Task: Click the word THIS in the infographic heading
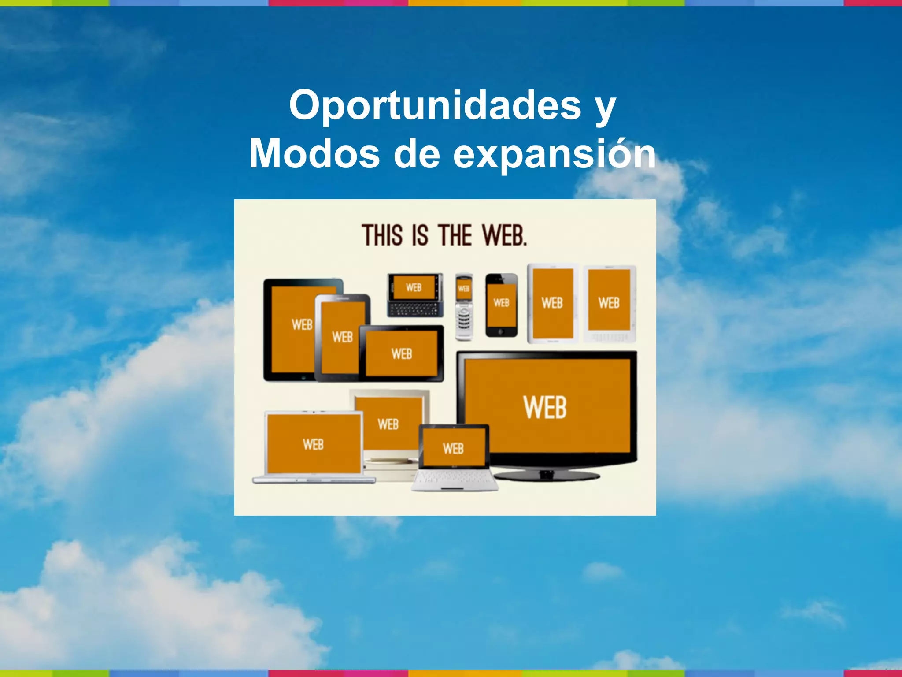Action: point(382,235)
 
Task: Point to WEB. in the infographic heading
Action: point(504,235)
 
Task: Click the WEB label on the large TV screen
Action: point(545,407)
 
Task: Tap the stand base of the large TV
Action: point(547,475)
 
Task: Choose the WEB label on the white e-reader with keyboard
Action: point(609,303)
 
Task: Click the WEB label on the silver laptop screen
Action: point(313,444)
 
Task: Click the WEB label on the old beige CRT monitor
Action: point(388,424)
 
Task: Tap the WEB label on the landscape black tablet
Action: point(402,353)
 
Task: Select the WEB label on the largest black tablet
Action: point(302,325)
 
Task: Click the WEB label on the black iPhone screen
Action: point(501,303)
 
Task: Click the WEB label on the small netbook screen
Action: point(453,449)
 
